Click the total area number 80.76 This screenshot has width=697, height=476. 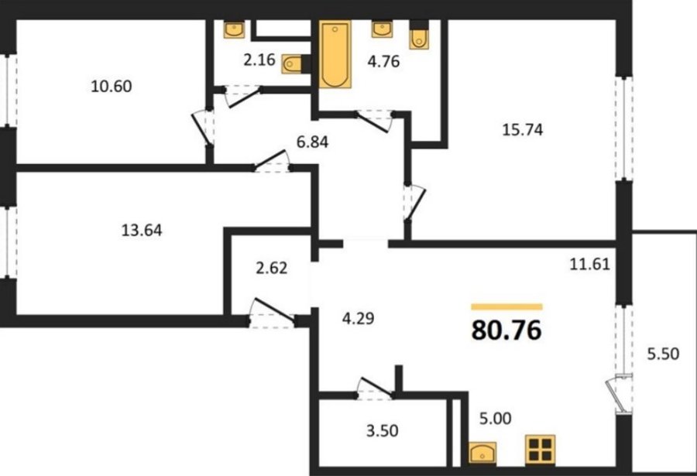pos(506,330)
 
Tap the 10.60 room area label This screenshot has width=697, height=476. pos(111,86)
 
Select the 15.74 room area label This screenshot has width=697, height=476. pos(522,129)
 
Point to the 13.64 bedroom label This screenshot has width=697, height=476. pos(142,230)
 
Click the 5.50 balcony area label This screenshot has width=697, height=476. pos(663,354)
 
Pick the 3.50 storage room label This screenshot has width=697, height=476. pos(383,430)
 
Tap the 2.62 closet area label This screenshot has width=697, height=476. pos(272,268)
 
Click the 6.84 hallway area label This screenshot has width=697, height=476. pos(313,142)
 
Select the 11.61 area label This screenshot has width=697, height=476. pos(590,265)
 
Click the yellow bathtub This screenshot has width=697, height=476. pos(335,54)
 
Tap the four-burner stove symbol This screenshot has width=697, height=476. pos(540,449)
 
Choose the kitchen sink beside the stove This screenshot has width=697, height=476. pos(482,453)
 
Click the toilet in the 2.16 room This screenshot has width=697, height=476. pos(294,64)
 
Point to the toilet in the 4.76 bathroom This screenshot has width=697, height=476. pos(419,35)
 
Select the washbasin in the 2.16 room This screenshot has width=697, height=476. pos(234,29)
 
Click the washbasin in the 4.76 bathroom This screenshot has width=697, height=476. pos(382,29)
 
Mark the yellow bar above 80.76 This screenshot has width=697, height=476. pos(506,306)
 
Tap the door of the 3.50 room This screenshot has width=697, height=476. pos(376,385)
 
